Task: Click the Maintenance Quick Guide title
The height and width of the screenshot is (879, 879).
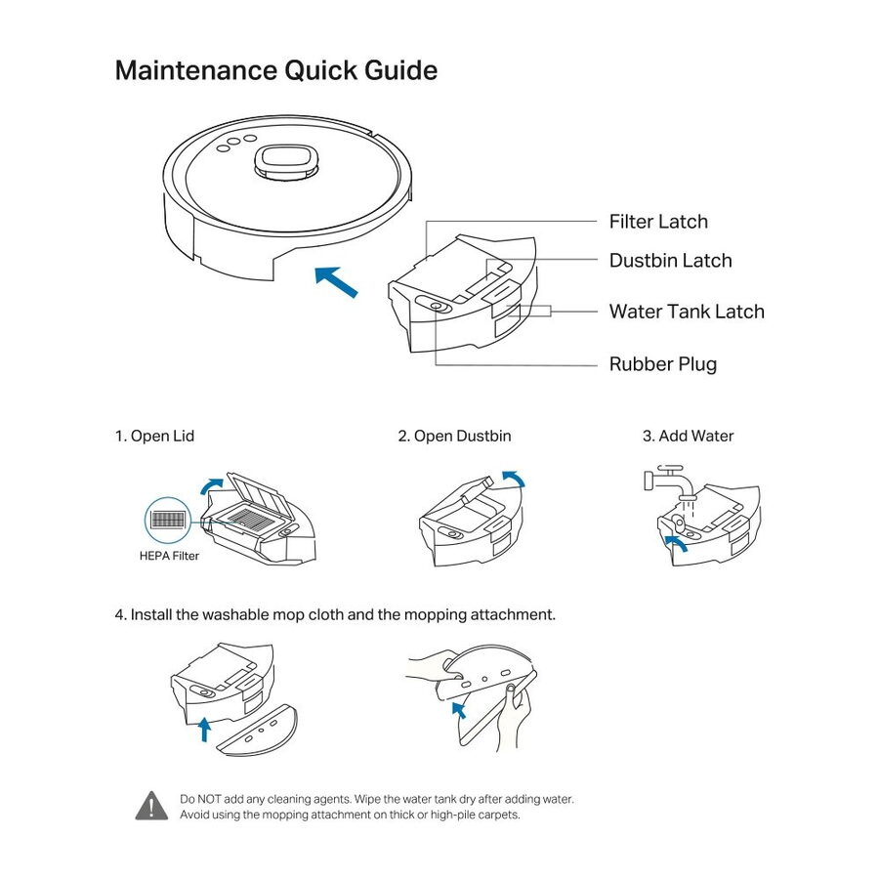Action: (x=276, y=71)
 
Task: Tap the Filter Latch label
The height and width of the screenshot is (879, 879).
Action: (x=658, y=222)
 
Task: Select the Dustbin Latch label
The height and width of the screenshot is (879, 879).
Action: (x=670, y=261)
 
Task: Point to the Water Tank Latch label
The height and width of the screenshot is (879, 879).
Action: (x=687, y=312)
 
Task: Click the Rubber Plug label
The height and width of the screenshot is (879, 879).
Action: (x=662, y=364)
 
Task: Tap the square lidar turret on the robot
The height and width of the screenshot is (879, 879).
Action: (x=286, y=161)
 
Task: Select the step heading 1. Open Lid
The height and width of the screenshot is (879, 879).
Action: (x=155, y=436)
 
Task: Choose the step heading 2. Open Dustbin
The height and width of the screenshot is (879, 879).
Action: (x=454, y=436)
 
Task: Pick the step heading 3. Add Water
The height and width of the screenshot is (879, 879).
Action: (x=688, y=436)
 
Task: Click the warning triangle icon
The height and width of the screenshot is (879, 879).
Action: (x=151, y=806)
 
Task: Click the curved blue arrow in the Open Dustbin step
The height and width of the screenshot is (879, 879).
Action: (x=512, y=477)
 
